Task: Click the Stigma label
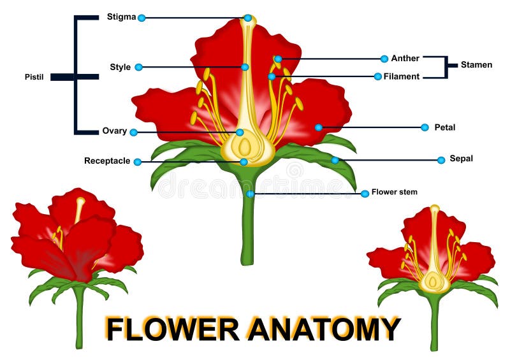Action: [x=121, y=17]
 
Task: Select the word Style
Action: [x=120, y=67]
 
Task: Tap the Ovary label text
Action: [x=115, y=131]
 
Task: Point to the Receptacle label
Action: [x=107, y=161]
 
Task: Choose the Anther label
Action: [x=405, y=59]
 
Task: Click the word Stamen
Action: [x=476, y=65]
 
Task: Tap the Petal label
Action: [x=445, y=127]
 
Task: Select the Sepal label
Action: [x=461, y=159]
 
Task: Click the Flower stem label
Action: [x=395, y=192]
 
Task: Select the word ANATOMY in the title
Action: [x=324, y=329]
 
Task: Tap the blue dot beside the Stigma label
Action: [x=142, y=18]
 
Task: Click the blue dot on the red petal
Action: [x=318, y=127]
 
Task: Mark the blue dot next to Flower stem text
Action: [x=365, y=194]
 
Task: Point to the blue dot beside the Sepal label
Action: [x=441, y=160]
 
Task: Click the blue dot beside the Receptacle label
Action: [x=137, y=162]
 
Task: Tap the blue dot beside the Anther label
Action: [x=384, y=59]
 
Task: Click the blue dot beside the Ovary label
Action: [x=133, y=133]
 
